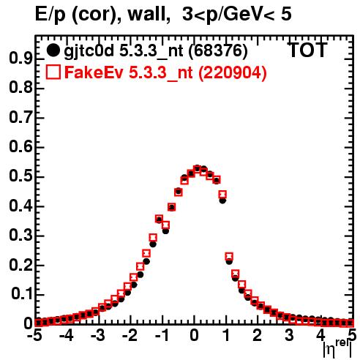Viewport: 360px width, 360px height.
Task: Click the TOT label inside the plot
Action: (308, 50)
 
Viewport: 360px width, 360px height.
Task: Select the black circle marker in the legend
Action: (53, 50)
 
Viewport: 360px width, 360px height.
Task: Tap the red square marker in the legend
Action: (53, 72)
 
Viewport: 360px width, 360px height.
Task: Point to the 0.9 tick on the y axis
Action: (20, 59)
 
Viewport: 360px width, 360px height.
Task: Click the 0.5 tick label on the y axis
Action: (20, 176)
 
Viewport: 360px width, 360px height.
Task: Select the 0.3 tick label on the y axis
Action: (20, 236)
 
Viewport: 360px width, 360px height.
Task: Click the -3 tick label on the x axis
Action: (97, 335)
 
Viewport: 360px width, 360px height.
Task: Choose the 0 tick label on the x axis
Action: (195, 335)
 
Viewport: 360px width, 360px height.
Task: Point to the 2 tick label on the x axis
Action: (258, 335)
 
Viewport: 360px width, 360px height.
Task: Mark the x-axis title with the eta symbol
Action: (337, 349)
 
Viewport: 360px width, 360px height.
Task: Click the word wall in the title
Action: (149, 15)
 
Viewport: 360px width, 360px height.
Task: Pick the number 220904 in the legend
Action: (233, 72)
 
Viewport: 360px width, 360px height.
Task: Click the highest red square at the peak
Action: (198, 169)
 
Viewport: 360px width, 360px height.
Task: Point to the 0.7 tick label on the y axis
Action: (20, 118)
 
